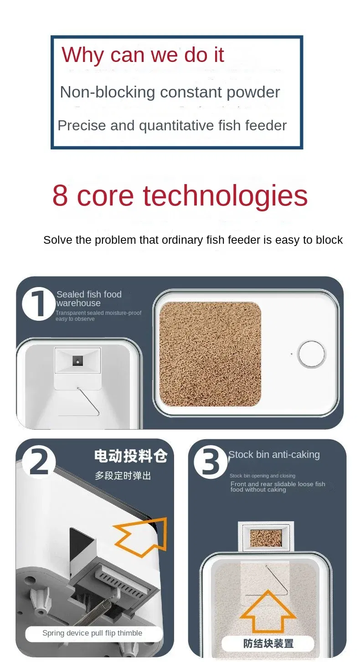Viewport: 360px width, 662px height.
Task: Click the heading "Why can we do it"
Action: [x=143, y=55]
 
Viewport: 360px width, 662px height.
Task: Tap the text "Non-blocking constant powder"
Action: [x=170, y=92]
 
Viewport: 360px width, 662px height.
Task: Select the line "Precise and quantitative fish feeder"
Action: [x=172, y=126]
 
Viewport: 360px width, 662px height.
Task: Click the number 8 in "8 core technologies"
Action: [x=60, y=195]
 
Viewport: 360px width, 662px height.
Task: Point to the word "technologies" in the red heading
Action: [x=225, y=195]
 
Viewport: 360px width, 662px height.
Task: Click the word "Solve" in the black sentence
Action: [x=58, y=240]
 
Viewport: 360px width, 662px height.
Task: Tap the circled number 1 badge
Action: [x=38, y=304]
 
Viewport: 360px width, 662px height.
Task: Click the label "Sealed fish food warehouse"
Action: [x=89, y=299]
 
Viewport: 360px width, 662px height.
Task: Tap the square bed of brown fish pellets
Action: [x=210, y=354]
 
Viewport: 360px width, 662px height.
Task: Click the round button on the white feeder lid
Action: [x=312, y=354]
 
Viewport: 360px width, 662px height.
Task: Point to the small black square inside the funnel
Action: [x=78, y=360]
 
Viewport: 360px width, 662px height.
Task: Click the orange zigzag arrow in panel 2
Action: [x=140, y=536]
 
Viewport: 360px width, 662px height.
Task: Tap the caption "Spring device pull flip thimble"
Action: [x=92, y=633]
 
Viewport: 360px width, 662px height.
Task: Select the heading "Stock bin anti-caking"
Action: [x=274, y=455]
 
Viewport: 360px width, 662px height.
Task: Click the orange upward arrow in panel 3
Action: [x=268, y=611]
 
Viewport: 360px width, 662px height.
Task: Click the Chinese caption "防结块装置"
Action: [x=268, y=643]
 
